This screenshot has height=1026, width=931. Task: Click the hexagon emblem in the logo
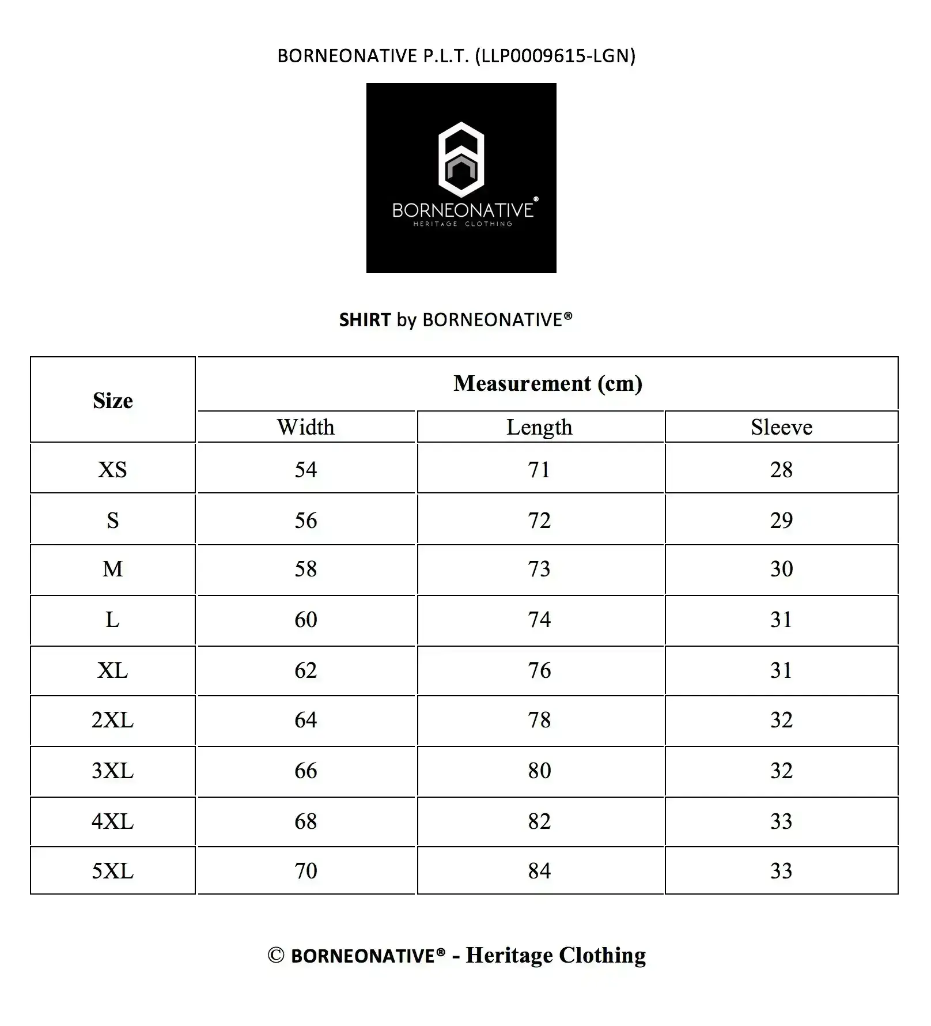tap(461, 159)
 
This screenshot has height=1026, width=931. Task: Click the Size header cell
tap(113, 401)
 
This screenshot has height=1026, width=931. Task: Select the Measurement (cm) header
tap(547, 384)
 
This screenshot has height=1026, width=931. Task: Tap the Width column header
tap(306, 427)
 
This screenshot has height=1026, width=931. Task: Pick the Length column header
tap(540, 427)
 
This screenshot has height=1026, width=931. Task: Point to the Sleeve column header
tap(781, 427)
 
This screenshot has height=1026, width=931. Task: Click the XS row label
tap(113, 470)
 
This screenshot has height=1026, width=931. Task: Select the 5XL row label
tap(113, 871)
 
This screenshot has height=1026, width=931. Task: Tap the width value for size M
tap(306, 569)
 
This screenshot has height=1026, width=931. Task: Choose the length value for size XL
tap(540, 670)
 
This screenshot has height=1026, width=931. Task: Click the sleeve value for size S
tap(781, 520)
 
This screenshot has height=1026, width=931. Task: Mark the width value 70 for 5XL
tap(306, 871)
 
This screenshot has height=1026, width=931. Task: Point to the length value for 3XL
tap(540, 771)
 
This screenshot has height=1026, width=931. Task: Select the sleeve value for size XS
tap(781, 470)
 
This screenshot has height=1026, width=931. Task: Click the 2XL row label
tap(113, 720)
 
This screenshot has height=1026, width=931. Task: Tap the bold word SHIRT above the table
tap(365, 320)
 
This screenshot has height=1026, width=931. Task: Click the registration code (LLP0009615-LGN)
tap(555, 56)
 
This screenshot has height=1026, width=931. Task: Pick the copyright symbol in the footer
tap(276, 956)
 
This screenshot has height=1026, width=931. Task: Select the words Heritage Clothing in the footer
tap(556, 955)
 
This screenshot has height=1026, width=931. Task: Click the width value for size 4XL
tap(306, 821)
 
